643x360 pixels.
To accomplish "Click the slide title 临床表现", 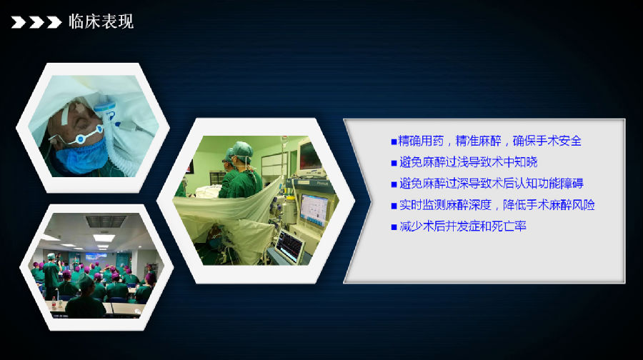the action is [101, 21].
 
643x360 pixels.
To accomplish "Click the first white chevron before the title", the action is [19, 22].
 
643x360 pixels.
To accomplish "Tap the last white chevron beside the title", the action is [54, 22].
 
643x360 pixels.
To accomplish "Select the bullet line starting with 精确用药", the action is [487, 141].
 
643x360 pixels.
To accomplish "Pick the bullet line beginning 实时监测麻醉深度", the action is [493, 204].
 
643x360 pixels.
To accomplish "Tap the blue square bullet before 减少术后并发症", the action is [394, 226].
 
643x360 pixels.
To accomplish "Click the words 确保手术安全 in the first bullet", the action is [547, 141].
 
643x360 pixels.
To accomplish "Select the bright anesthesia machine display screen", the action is [314, 209].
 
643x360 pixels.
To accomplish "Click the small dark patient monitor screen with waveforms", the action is [290, 245].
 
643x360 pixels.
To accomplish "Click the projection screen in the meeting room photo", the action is [96, 257].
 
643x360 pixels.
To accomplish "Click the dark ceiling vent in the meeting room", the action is [106, 221].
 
